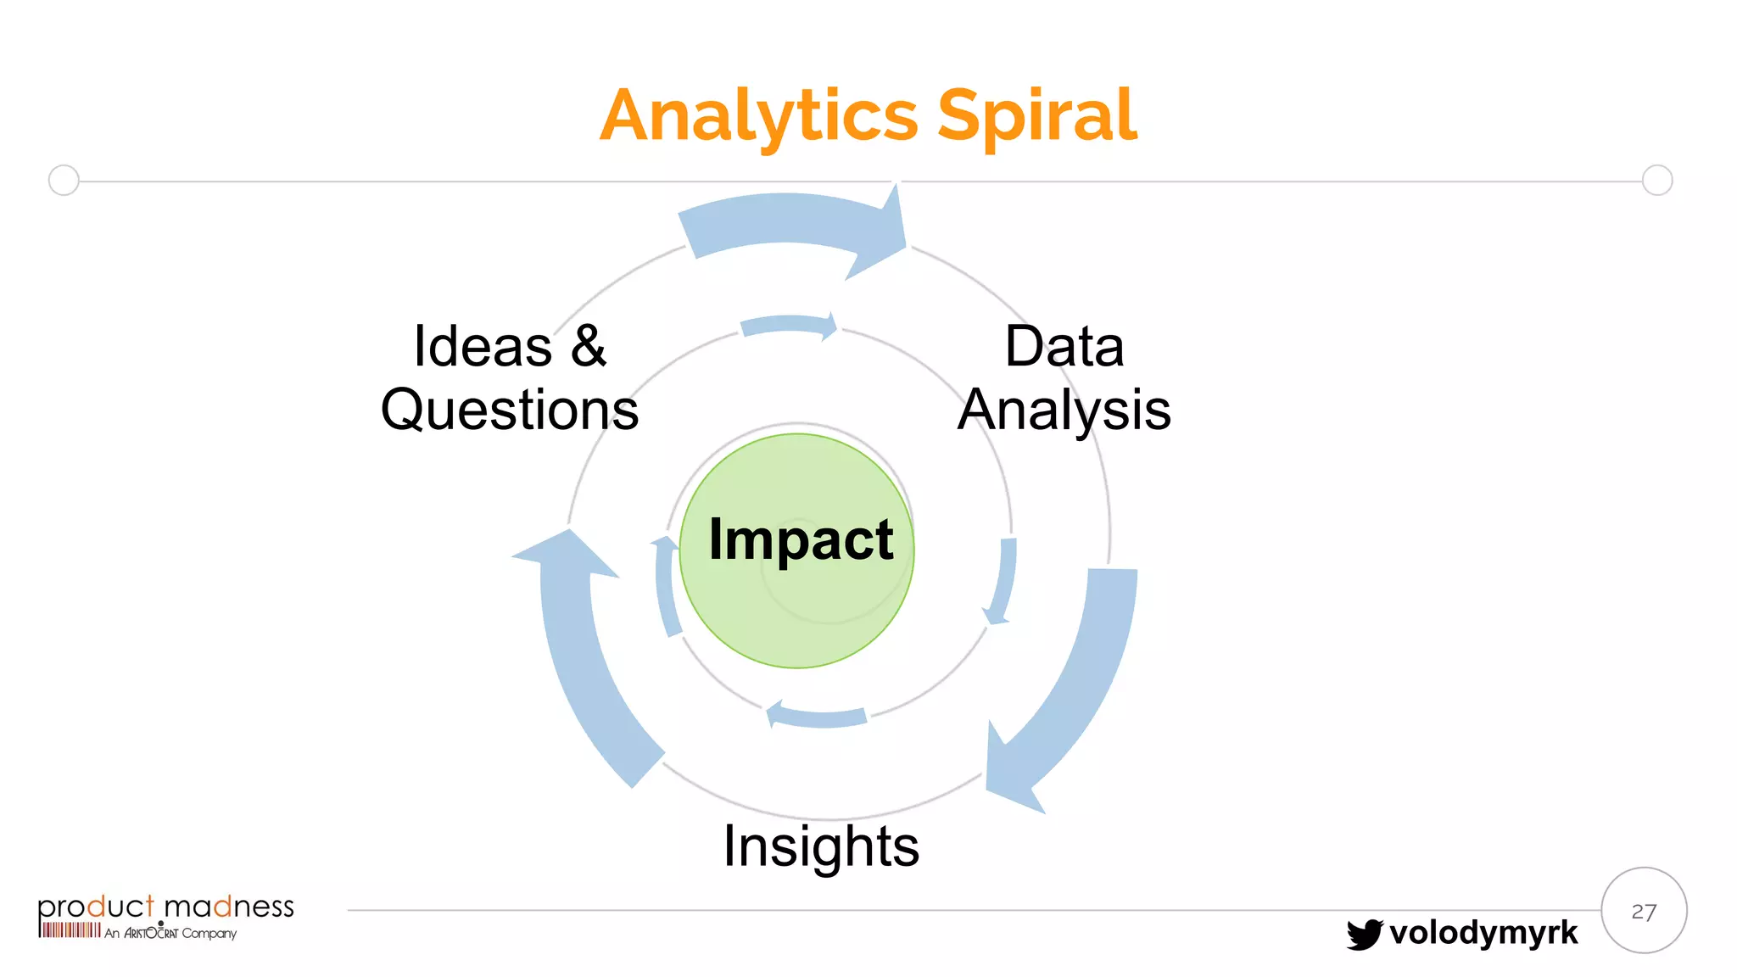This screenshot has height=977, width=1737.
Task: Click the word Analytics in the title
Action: pos(758,116)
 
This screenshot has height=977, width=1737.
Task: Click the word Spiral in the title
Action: pos(1036,116)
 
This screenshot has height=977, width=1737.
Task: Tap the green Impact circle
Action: pos(797,594)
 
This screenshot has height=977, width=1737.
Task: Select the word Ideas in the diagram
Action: pos(483,347)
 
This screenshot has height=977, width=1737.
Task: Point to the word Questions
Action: pos(509,410)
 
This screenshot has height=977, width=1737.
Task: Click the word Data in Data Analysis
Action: pos(1064,347)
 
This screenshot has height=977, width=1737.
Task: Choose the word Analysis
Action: pos(1064,410)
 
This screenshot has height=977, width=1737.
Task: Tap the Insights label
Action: pos(820,846)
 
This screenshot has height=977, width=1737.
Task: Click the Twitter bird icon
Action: pos(1364,934)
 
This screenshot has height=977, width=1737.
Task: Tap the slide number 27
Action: pos(1643,912)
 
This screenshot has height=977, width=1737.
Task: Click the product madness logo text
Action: pos(165,907)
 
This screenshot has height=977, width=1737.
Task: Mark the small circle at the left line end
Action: pos(64,181)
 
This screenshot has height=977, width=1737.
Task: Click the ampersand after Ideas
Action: pos(588,347)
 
